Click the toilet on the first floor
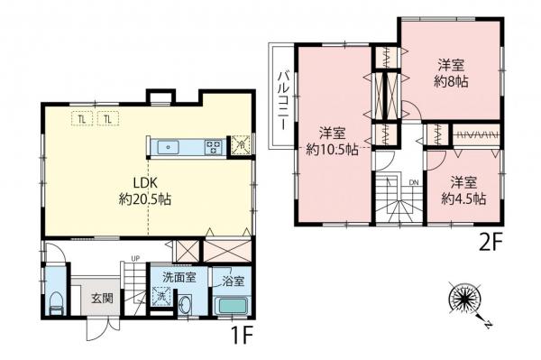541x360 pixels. click(x=53, y=302)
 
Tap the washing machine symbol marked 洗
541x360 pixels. click(x=161, y=295)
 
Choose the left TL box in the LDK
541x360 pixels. click(x=82, y=119)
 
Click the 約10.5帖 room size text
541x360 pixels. click(x=332, y=149)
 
